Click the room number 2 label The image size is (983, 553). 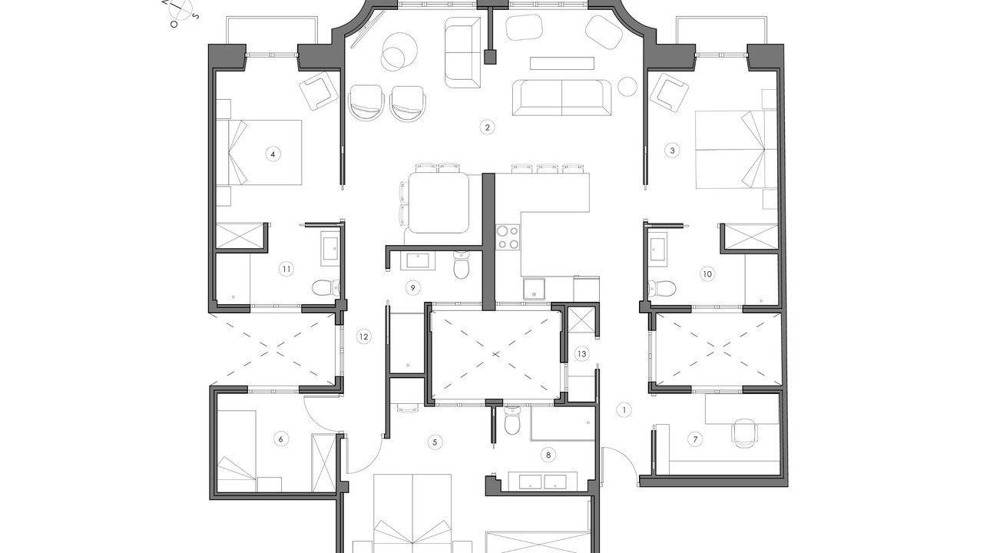pyautogui.click(x=487, y=127)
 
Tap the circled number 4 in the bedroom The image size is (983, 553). pyautogui.click(x=273, y=154)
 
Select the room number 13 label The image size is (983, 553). pyautogui.click(x=582, y=354)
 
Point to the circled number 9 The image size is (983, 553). pyautogui.click(x=412, y=288)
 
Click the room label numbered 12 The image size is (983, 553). pyautogui.click(x=363, y=336)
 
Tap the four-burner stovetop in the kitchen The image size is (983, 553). pyautogui.click(x=508, y=237)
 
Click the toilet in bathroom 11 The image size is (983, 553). pyautogui.click(x=326, y=288)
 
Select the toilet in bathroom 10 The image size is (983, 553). pyautogui.click(x=662, y=288)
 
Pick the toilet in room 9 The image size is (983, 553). pyautogui.click(x=462, y=265)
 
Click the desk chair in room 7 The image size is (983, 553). pyautogui.click(x=744, y=432)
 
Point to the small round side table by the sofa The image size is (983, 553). pyautogui.click(x=627, y=87)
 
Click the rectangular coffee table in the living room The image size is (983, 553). pyautogui.click(x=562, y=63)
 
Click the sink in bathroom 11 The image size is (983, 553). pyautogui.click(x=330, y=249)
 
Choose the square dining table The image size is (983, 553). pyautogui.click(x=439, y=202)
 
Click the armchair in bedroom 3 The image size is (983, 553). pyautogui.click(x=668, y=94)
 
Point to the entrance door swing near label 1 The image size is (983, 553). pyautogui.click(x=621, y=465)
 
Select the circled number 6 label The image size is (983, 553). pyautogui.click(x=281, y=439)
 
